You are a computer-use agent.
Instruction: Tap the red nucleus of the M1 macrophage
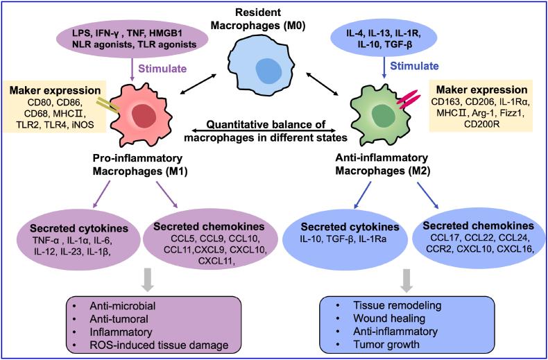[143, 115]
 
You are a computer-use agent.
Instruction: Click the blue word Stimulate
[414, 66]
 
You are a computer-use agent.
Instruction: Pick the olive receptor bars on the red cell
[108, 105]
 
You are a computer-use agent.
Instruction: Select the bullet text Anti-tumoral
[119, 319]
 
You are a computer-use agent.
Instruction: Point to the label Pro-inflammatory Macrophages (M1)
[137, 164]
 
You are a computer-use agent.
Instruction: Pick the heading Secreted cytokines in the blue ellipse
[350, 228]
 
